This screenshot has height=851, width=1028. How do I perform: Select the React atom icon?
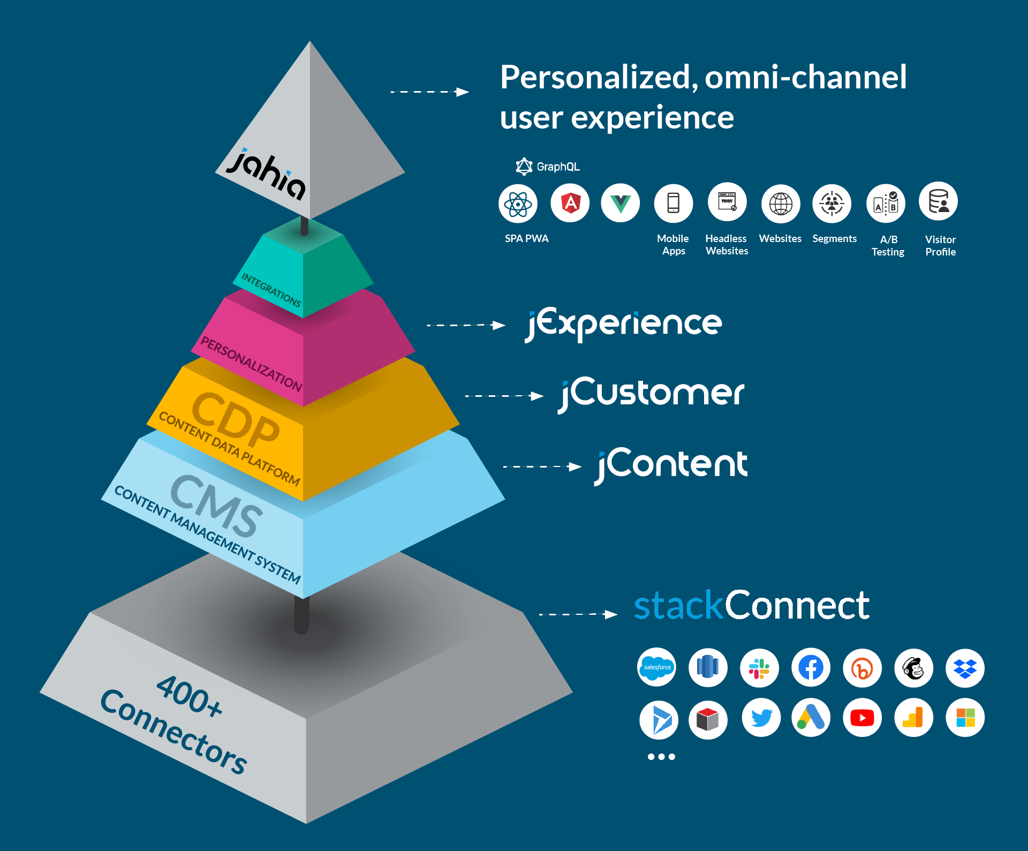pos(518,204)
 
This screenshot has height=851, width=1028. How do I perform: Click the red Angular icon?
pos(570,203)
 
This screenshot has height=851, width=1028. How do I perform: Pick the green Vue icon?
pos(621,204)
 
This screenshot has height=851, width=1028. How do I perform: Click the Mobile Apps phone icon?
pos(674,204)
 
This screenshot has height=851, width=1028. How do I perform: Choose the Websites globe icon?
pos(781,204)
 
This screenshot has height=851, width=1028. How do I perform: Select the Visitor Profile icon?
pos(939,202)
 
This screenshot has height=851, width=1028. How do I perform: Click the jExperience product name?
pos(624,324)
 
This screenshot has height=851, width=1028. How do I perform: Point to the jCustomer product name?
pos(651,394)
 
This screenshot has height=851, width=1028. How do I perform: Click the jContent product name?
pos(672,465)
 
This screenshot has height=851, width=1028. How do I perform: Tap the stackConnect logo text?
pos(751,606)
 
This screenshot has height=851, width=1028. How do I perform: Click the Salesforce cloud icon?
pos(657,667)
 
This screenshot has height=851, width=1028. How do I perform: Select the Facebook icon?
pos(811,668)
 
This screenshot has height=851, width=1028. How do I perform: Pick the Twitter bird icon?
pos(761,718)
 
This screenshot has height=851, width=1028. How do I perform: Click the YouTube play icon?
pos(862,718)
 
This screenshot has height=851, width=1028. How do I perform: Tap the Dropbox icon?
pos(965,668)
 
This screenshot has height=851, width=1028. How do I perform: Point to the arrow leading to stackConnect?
pos(578,614)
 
